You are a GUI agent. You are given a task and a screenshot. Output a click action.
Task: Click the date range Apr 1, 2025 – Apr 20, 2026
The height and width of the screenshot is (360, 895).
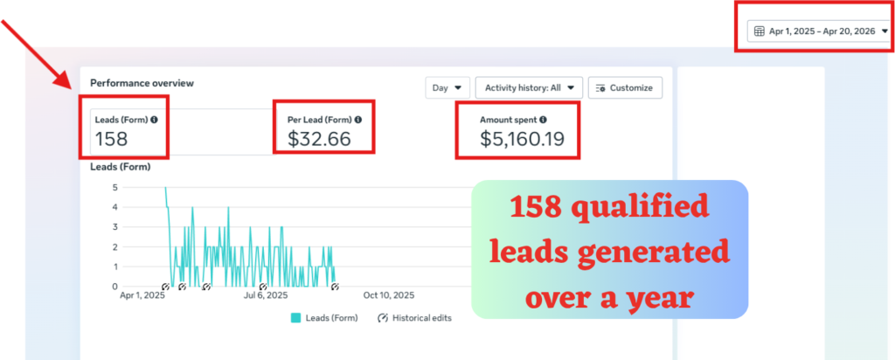(x=822, y=32)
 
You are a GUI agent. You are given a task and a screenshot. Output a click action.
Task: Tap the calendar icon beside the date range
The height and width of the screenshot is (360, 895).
(x=760, y=32)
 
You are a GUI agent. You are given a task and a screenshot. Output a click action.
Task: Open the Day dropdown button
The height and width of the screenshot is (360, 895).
(x=447, y=88)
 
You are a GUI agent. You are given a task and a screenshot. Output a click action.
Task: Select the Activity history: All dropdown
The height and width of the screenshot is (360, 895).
(x=529, y=88)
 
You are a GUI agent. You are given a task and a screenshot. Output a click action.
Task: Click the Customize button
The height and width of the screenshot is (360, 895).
(x=625, y=88)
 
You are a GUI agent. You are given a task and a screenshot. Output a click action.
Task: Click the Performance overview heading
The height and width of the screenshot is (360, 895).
(x=142, y=83)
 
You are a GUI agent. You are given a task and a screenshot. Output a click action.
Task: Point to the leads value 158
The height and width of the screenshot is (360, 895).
(x=111, y=139)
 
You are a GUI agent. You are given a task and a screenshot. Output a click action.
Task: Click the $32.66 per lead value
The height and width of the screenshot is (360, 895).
(x=319, y=139)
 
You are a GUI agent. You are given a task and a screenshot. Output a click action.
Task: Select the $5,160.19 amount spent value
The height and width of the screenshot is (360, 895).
(x=522, y=139)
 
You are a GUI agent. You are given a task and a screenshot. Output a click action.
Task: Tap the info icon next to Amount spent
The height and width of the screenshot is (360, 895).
(x=543, y=120)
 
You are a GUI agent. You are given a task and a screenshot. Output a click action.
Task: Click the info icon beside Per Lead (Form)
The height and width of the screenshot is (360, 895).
(x=357, y=120)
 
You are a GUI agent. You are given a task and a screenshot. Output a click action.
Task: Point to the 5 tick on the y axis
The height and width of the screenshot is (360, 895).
(x=115, y=187)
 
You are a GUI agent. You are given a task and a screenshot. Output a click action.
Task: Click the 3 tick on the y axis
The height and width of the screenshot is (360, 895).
(x=115, y=227)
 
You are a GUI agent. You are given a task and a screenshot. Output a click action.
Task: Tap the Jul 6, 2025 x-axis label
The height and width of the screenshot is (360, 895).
(x=266, y=295)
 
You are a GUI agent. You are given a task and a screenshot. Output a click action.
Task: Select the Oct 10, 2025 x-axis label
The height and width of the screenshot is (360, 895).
(x=389, y=295)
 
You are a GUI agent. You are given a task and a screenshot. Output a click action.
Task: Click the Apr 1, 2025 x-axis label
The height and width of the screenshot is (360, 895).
(x=142, y=295)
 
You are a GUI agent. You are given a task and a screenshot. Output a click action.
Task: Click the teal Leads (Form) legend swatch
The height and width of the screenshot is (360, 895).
(x=295, y=318)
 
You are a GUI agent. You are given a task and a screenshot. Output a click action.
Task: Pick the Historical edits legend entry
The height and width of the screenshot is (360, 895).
(x=414, y=318)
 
